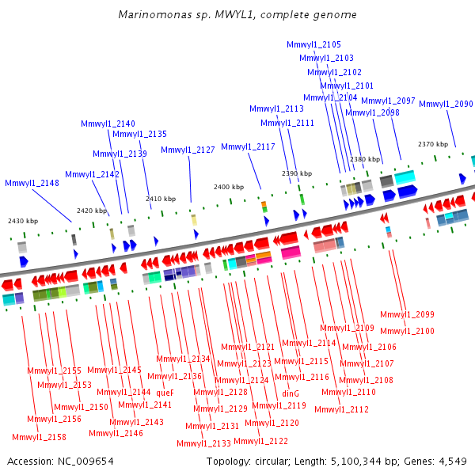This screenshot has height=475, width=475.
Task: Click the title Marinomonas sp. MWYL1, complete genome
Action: click(x=237, y=14)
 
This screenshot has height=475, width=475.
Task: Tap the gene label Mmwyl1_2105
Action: click(x=313, y=44)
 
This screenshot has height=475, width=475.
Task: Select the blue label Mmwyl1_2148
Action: click(x=32, y=183)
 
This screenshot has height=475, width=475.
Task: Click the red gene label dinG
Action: click(x=291, y=393)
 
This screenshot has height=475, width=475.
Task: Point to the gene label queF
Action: click(x=165, y=393)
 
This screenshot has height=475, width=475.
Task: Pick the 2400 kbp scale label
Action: click(x=229, y=187)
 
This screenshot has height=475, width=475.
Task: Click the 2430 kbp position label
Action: click(x=23, y=221)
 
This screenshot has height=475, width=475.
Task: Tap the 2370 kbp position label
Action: click(x=433, y=144)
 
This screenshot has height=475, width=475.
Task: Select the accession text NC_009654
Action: click(x=85, y=462)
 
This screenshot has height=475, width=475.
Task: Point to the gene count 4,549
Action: click(x=453, y=462)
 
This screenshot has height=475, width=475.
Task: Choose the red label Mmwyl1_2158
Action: click(x=39, y=437)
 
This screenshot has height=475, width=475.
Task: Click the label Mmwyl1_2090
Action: click(x=446, y=104)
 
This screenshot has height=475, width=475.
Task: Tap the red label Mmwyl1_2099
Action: click(x=407, y=314)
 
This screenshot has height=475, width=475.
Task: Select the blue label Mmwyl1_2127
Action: click(x=188, y=150)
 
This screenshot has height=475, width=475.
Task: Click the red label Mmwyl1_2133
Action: click(x=204, y=443)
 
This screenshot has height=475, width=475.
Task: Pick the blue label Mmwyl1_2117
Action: click(x=248, y=146)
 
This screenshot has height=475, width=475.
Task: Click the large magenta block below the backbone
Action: click(x=291, y=253)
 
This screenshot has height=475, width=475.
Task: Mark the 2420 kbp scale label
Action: click(x=92, y=211)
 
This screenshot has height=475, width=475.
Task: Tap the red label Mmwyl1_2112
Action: click(x=342, y=409)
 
